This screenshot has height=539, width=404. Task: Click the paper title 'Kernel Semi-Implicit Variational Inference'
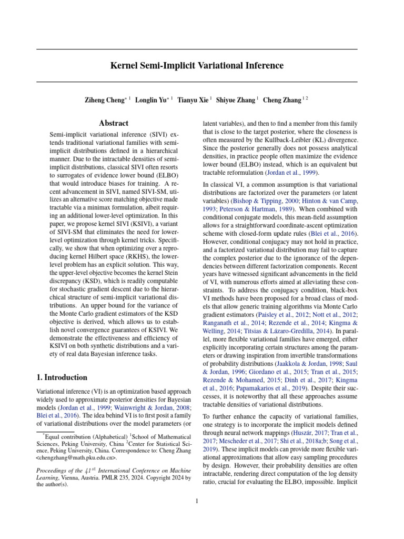click(x=197, y=66)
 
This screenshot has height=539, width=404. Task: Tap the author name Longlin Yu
click(x=152, y=99)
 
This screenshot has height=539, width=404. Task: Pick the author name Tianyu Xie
click(x=193, y=99)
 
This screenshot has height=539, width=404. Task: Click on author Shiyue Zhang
click(x=236, y=99)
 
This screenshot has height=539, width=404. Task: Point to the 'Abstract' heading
click(x=114, y=123)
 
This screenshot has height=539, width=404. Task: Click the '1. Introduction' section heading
click(x=62, y=377)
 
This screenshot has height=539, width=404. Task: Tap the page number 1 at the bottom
click(x=196, y=501)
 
